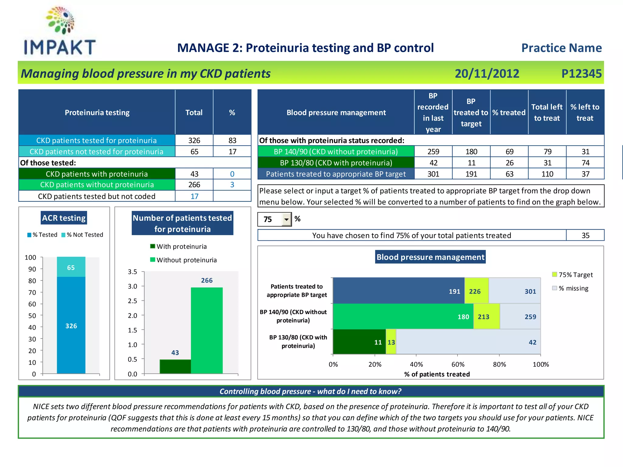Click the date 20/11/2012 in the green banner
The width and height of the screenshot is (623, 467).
point(487,74)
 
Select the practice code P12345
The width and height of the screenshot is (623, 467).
point(581,74)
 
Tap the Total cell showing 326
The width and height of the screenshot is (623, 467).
point(194,140)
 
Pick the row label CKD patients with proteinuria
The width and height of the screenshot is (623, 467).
point(97,174)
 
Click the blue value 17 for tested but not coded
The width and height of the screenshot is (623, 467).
point(194,196)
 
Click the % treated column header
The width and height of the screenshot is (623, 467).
point(509,112)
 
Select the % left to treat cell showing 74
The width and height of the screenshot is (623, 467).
point(585,163)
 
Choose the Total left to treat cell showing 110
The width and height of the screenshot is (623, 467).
point(547,174)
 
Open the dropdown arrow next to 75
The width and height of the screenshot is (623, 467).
point(286,219)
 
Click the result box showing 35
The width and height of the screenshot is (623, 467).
point(585,235)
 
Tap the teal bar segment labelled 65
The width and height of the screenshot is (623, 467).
point(71,267)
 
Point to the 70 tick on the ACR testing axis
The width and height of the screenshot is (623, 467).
point(32,292)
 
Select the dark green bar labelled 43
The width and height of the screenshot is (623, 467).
point(175,366)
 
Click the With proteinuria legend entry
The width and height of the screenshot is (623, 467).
point(179,247)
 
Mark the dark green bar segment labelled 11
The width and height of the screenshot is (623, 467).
point(359,342)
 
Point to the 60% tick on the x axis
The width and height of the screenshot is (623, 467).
point(458,364)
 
